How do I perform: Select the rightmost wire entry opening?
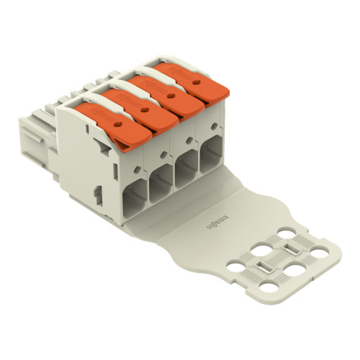pos(212,153)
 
